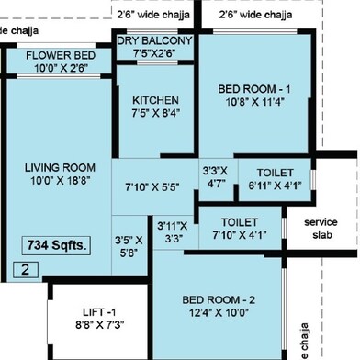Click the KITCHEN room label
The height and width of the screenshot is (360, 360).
[x=155, y=100]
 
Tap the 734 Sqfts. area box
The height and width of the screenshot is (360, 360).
[x=56, y=245]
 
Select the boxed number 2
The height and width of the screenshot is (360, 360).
[x=26, y=270]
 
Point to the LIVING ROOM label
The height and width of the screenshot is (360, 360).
[x=60, y=168]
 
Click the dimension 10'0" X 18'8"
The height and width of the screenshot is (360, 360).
[x=60, y=181]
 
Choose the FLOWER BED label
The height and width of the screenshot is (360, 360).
[x=61, y=55]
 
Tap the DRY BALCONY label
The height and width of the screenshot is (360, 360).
[x=154, y=40]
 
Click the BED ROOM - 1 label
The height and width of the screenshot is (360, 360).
[x=254, y=89]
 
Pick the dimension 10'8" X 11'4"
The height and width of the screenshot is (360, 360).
[x=255, y=102]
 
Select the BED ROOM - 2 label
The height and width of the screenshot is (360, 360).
[x=219, y=299]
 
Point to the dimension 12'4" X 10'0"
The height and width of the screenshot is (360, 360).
[x=219, y=313]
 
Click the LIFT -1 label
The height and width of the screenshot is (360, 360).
[x=99, y=312]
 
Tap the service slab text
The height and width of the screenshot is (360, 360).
[x=321, y=229]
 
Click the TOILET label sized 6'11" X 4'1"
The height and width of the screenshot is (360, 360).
[x=276, y=173]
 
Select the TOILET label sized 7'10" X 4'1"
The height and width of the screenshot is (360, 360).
[x=240, y=222]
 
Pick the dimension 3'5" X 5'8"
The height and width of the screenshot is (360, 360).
[x=129, y=246]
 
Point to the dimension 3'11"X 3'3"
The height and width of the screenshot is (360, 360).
[x=173, y=232]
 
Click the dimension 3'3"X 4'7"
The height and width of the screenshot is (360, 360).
[x=215, y=177]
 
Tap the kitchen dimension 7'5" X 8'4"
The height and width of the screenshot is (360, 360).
[x=155, y=113]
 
